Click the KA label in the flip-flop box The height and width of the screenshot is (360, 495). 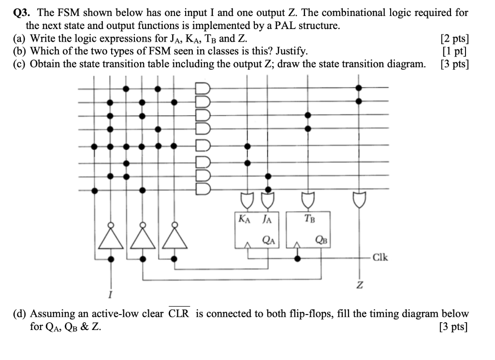pyautogui.click(x=244, y=219)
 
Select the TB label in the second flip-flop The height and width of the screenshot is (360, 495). pyautogui.click(x=309, y=219)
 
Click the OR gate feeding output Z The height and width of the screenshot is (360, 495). pyautogui.click(x=359, y=198)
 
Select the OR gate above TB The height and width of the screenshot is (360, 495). pyautogui.click(x=307, y=198)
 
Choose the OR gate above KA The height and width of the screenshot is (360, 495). pyautogui.click(x=247, y=198)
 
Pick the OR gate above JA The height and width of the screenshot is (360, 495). pyautogui.click(x=268, y=198)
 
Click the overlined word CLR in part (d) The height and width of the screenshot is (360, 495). pyautogui.click(x=179, y=314)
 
